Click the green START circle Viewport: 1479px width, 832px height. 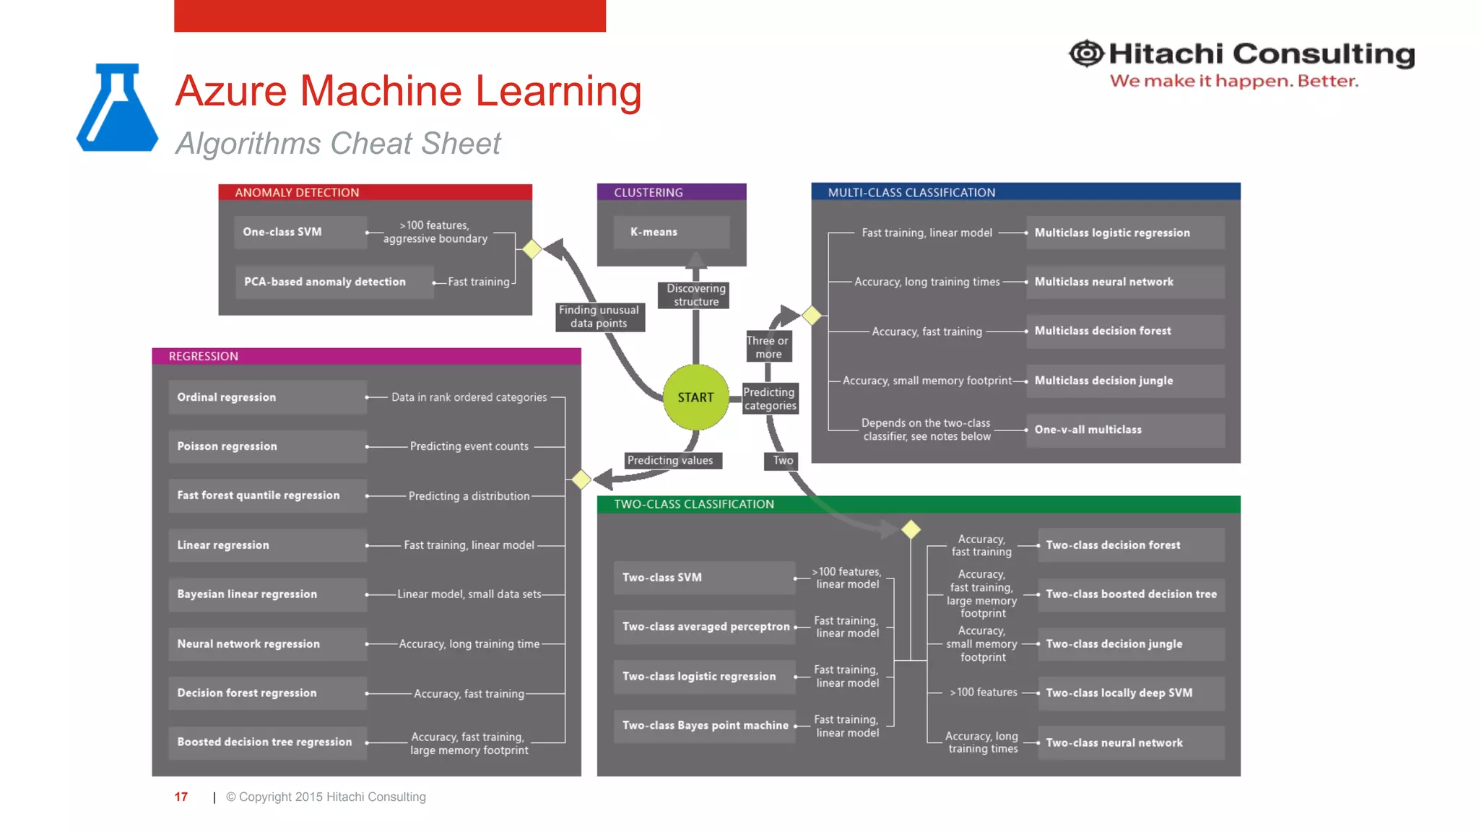pos(695,397)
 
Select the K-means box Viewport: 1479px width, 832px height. pos(671,232)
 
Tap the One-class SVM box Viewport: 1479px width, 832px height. pos(300,232)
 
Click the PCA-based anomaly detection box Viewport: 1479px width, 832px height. pos(333,282)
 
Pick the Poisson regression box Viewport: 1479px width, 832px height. pos(267,446)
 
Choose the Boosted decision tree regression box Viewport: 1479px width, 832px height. pos(267,742)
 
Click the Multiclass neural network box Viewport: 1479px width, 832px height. pos(1124,282)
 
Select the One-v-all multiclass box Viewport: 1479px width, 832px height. pos(1124,430)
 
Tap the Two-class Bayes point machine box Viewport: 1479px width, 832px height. pos(704,725)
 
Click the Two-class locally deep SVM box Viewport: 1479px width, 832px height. pos(1130,693)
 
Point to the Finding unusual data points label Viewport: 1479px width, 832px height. pos(599,316)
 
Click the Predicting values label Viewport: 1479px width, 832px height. pos(670,460)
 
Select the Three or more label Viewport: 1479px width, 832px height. pos(768,347)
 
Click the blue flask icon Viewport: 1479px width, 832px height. pos(117,108)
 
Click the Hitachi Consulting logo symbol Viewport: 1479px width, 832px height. pos(1085,53)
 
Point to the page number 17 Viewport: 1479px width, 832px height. pos(181,797)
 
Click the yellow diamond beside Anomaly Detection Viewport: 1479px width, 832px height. pos(532,248)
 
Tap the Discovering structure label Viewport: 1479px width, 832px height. pos(695,295)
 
